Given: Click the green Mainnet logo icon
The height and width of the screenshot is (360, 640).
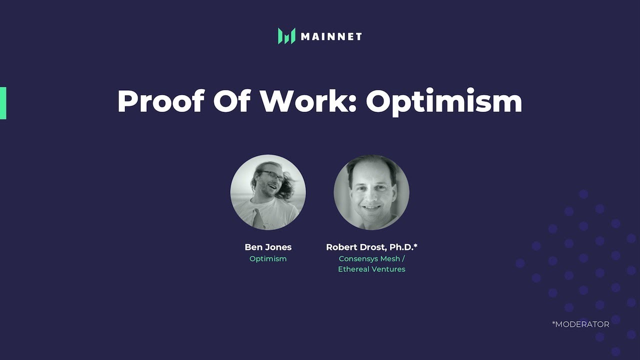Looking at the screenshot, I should pyautogui.click(x=286, y=36).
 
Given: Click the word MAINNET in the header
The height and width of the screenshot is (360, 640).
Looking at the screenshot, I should pyautogui.click(x=331, y=36).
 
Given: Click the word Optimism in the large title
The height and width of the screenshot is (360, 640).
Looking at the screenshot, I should pyautogui.click(x=444, y=102).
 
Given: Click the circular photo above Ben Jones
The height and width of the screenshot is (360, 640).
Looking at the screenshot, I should pyautogui.click(x=268, y=192).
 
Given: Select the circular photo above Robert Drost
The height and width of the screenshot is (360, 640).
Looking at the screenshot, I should pyautogui.click(x=371, y=192).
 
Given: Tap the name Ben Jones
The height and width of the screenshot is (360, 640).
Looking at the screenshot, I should pyautogui.click(x=268, y=247).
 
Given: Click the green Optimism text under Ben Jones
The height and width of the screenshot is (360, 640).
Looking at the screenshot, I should pyautogui.click(x=268, y=258).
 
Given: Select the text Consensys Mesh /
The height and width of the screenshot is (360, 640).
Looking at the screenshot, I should pyautogui.click(x=371, y=258).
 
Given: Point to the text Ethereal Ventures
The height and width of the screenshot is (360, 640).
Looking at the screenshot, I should pyautogui.click(x=371, y=269).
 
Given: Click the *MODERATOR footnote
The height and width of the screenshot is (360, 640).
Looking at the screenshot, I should pyautogui.click(x=580, y=324).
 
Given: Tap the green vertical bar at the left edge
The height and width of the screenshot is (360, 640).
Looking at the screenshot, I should pyautogui.click(x=3, y=103).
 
